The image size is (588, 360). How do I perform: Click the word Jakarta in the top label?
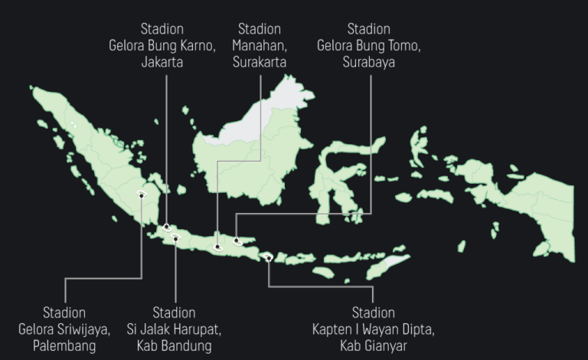pyautogui.click(x=162, y=62)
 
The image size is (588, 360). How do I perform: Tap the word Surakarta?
pyautogui.click(x=260, y=62)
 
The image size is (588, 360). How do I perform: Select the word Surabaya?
pyautogui.click(x=369, y=62)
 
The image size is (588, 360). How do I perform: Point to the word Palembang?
pyautogui.click(x=64, y=346)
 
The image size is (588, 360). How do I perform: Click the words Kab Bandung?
pyautogui.click(x=174, y=346)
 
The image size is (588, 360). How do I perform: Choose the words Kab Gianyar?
pyautogui.click(x=373, y=346)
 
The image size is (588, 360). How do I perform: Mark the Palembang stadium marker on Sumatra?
pyautogui.click(x=142, y=195)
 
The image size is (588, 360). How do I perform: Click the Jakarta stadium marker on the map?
pyautogui.click(x=166, y=227)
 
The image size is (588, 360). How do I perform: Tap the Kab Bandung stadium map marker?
pyautogui.click(x=175, y=238)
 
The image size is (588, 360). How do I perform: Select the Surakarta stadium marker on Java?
pyautogui.click(x=219, y=247)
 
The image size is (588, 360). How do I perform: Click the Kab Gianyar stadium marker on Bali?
pyautogui.click(x=269, y=258)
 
